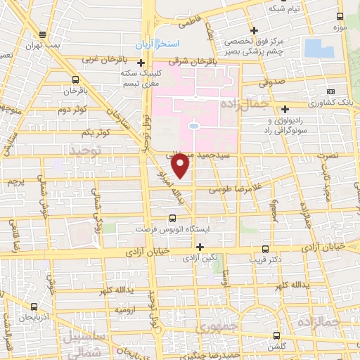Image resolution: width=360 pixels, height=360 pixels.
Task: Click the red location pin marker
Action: (181, 165)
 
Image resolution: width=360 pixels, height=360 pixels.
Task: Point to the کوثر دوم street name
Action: (72, 110)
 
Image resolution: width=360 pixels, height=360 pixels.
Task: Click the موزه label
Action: (341, 27)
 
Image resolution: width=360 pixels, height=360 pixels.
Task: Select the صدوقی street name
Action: (275, 82)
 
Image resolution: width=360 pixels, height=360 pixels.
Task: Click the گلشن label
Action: (276, 348)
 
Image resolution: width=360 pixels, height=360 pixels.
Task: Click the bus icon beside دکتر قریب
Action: (265, 249)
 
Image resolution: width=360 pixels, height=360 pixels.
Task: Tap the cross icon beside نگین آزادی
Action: (200, 247)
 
